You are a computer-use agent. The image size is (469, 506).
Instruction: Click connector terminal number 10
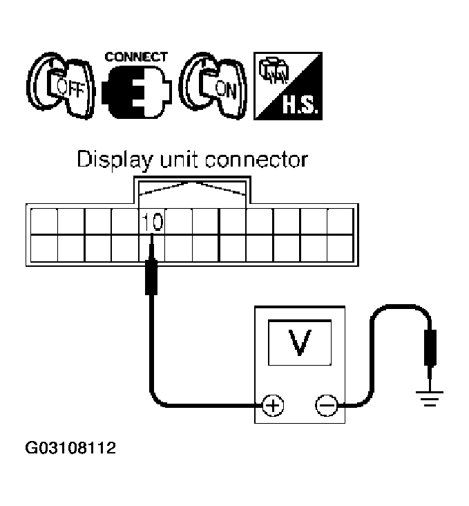pos(152,222)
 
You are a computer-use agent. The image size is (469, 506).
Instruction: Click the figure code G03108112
pos(70,449)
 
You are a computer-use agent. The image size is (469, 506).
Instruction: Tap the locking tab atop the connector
pos(192,190)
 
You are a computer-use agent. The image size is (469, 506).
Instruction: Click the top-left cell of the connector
pos(44,222)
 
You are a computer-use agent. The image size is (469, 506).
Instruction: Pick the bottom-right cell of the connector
pos(340,247)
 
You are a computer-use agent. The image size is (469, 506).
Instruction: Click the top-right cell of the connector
pos(340,222)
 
